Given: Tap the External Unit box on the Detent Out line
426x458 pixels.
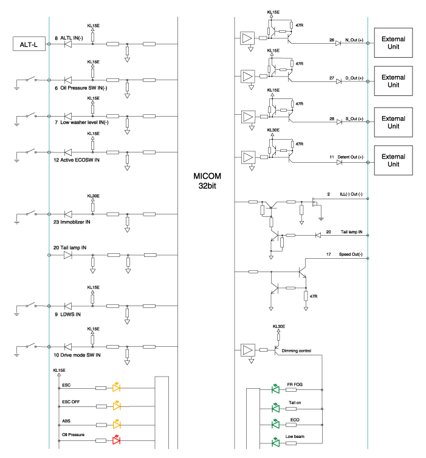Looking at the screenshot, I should (393, 160).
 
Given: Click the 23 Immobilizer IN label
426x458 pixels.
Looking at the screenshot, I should (72, 223).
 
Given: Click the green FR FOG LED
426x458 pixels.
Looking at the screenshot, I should (275, 390).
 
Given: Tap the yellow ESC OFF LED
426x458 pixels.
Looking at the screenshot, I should (116, 405).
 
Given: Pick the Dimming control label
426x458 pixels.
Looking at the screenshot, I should (296, 351).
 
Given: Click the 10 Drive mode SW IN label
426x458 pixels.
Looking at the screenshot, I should (77, 355).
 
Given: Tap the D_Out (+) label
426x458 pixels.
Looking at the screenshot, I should (354, 78).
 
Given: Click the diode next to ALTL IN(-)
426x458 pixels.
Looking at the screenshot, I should (68, 44).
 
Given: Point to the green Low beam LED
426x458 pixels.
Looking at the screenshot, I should (275, 442).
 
